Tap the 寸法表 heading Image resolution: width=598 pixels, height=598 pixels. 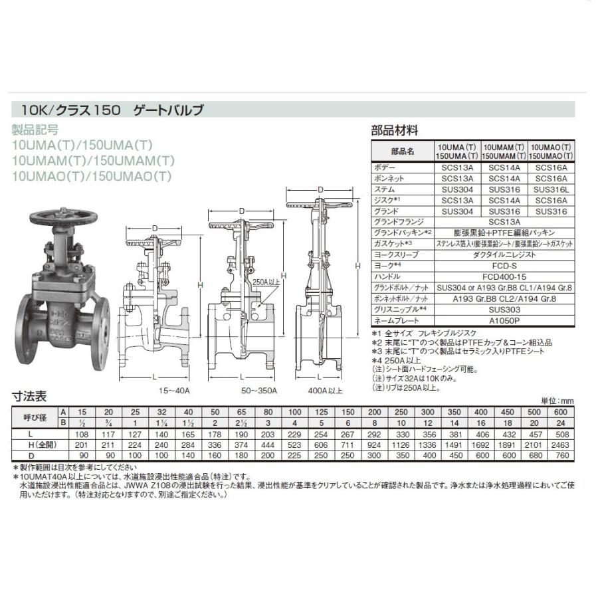30,397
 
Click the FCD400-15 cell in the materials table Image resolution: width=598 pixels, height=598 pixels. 504,276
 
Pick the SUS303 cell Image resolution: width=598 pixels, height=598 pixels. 504,308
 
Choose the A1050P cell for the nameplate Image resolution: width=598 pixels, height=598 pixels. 504,319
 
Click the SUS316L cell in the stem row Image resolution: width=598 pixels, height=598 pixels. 551,189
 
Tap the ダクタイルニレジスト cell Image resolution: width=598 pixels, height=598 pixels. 504,254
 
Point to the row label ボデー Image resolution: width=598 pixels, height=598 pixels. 385,168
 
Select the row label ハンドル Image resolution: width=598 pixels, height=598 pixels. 389,276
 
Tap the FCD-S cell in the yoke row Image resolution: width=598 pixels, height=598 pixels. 504,265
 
